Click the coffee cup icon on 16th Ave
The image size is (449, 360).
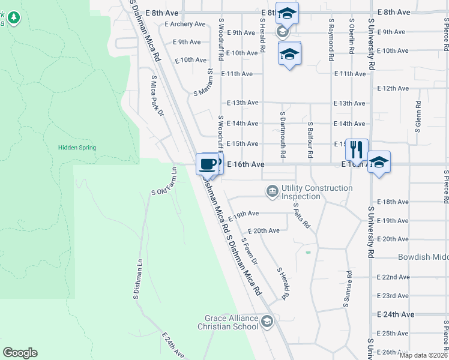(208, 163)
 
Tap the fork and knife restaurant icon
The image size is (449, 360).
(357, 148)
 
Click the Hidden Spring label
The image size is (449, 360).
(77, 148)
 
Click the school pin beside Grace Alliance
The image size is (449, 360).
(267, 322)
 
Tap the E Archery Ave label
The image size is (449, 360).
(185, 24)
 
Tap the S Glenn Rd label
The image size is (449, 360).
(417, 116)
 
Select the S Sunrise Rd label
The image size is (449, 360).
(347, 289)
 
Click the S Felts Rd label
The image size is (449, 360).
(301, 215)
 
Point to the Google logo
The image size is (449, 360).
(20, 353)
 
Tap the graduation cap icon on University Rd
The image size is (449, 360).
(379, 162)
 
